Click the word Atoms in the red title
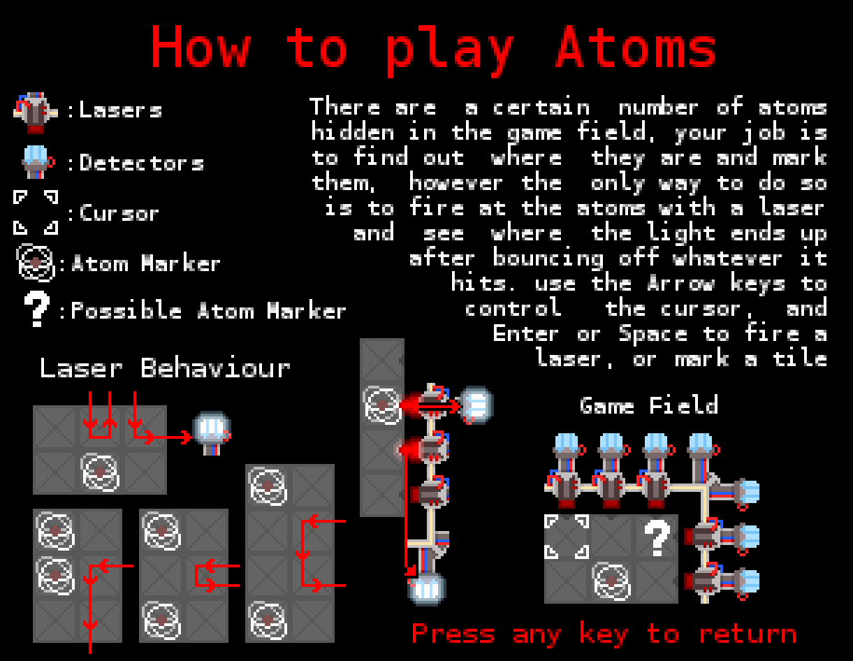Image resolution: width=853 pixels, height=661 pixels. coord(636,47)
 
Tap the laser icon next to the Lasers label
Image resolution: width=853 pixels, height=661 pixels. coord(36,112)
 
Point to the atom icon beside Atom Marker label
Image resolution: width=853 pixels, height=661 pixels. coord(36,263)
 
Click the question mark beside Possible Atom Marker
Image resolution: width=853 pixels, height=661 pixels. coord(37,309)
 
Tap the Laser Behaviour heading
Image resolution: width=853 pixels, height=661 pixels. coord(165,368)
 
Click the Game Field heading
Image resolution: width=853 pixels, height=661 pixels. coord(649,405)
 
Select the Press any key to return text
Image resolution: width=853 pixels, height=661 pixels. coord(604,634)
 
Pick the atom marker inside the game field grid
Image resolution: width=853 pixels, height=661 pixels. coord(611,581)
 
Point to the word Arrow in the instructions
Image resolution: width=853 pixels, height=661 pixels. coord(680,283)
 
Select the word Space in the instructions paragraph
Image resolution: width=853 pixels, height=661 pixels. coord(653,335)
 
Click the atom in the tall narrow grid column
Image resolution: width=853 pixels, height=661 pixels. coord(382,405)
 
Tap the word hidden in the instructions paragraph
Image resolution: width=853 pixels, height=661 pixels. coord(353,132)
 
